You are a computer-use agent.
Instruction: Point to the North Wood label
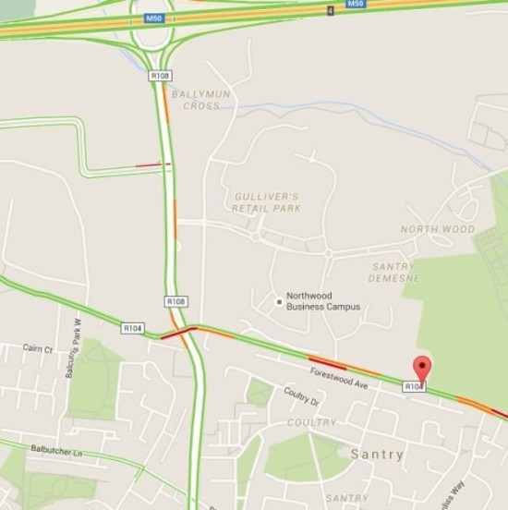coord(437,228)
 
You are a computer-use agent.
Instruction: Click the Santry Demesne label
coord(393,272)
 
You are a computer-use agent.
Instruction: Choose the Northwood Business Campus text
coord(323,301)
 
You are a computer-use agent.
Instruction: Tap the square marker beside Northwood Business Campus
coord(278,301)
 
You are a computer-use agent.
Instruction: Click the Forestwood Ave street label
coord(339,379)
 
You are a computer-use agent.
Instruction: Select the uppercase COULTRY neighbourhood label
coord(311,422)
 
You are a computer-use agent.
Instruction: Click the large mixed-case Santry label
coord(377,455)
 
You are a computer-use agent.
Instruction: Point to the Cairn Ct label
coord(38,348)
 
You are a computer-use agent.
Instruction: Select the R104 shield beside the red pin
coord(413,386)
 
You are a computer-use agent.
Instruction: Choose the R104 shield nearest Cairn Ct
coord(132,328)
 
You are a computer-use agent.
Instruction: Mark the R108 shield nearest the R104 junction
coord(175,301)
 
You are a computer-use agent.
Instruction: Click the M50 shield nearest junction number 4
coord(356,4)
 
